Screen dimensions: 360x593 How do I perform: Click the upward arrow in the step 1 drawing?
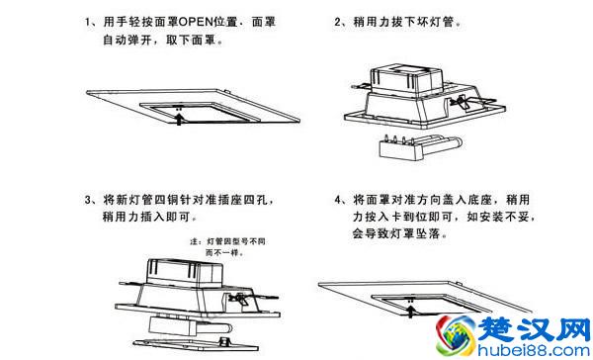[177, 119]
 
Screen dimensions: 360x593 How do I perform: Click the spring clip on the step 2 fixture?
[458, 101]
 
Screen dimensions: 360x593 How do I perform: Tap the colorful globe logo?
[462, 331]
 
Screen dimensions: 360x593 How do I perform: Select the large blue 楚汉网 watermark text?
[534, 324]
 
